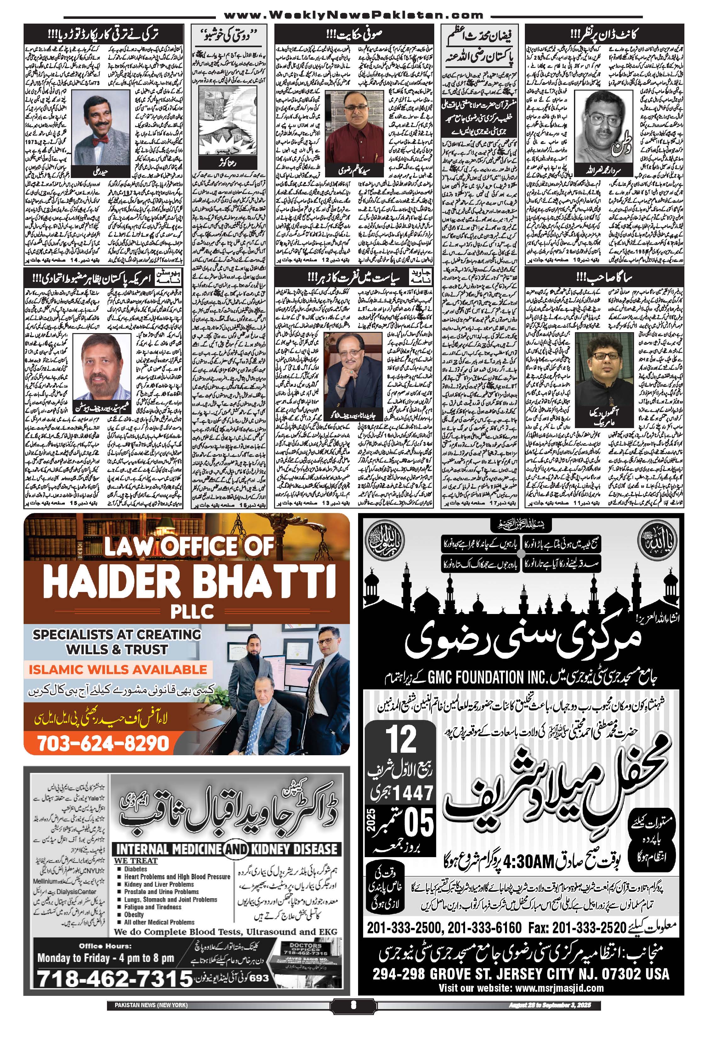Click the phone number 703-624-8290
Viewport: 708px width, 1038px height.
pyautogui.click(x=103, y=743)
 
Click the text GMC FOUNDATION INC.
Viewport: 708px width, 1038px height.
pyautogui.click(x=476, y=677)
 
